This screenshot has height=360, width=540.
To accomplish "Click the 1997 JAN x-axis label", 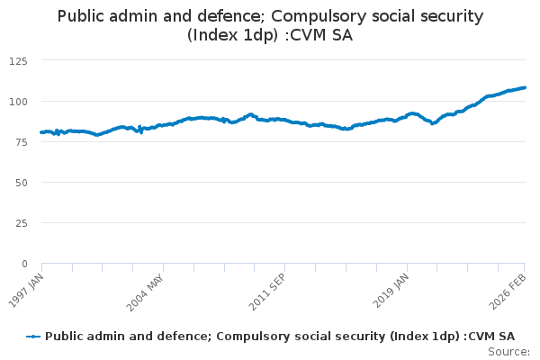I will pyautogui.click(x=27, y=291).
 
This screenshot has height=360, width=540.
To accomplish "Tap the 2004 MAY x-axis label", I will pyautogui.click(x=147, y=292).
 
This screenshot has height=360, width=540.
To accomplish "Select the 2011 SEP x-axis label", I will pyautogui.click(x=268, y=292).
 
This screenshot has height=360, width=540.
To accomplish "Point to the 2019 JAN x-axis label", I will pyautogui.click(x=391, y=291).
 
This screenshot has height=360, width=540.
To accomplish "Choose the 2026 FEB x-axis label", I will pyautogui.click(x=511, y=291).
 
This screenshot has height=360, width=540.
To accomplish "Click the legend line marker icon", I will pyautogui.click(x=34, y=337).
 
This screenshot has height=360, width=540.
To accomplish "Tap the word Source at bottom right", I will pyautogui.click(x=508, y=352).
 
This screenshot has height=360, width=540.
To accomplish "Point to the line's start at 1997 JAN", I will pyautogui.click(x=41, y=132).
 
